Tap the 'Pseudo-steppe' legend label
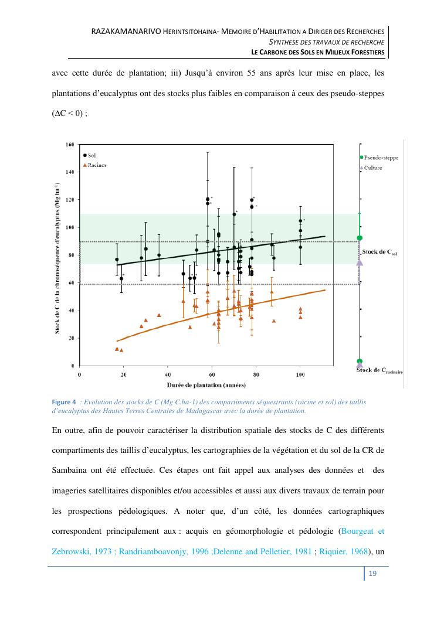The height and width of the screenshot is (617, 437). (381, 158)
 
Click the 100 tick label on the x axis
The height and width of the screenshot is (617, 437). (300, 374)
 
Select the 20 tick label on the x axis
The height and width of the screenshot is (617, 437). (123, 374)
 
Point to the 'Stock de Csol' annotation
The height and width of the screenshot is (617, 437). (380, 252)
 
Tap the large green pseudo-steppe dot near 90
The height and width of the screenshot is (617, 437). (360, 238)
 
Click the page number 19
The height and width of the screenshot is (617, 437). (372, 574)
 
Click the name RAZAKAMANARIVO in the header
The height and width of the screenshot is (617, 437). (125, 31)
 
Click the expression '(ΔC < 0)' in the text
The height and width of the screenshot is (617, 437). (67, 114)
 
